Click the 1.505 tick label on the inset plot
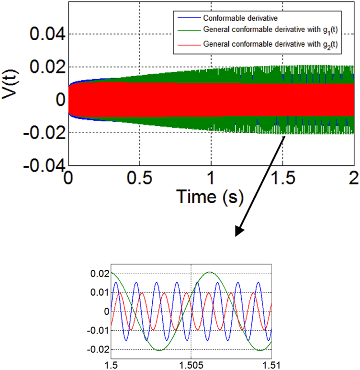191,364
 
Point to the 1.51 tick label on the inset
271,364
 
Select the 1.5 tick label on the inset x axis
112,364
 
